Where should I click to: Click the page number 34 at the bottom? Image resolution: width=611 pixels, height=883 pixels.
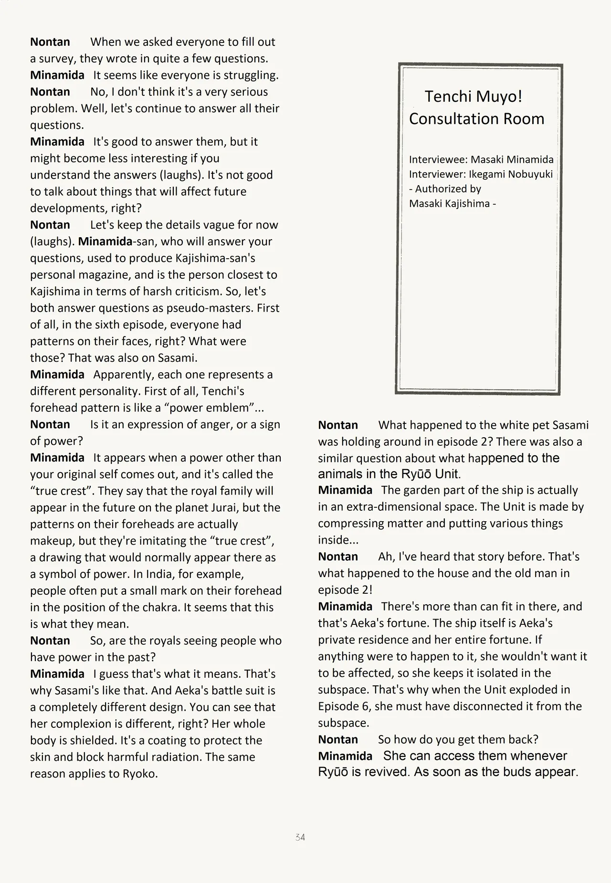pos(300,837)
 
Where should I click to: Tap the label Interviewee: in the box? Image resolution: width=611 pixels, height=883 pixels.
pos(438,159)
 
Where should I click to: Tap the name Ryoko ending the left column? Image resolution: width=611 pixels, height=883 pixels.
pos(141,774)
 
